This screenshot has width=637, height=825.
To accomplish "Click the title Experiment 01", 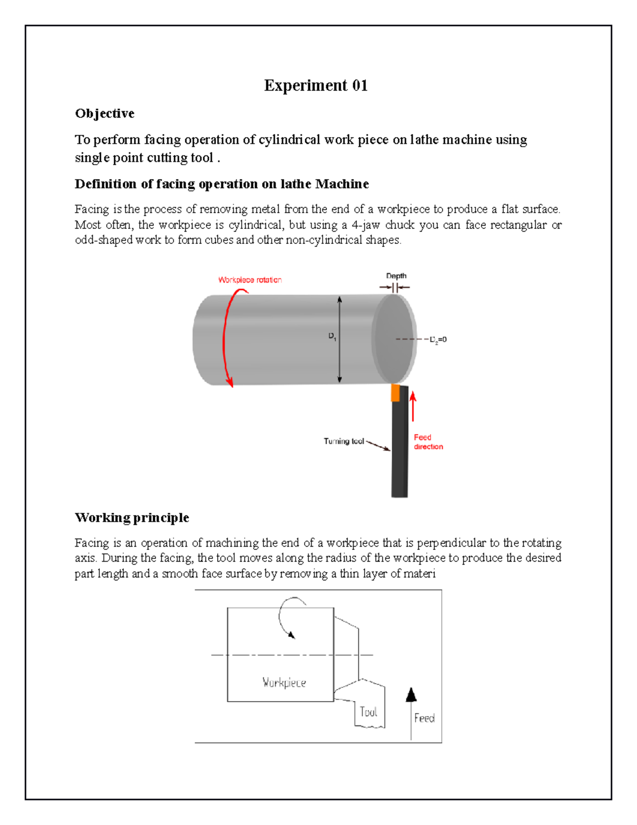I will (315, 86).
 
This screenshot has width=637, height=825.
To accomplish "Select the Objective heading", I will (105, 114).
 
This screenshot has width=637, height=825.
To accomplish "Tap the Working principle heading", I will (132, 517).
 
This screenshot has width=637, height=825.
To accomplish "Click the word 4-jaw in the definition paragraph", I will (366, 225).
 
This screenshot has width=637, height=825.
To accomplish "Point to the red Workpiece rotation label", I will (249, 280).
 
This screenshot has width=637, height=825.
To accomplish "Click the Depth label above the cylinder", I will (396, 276).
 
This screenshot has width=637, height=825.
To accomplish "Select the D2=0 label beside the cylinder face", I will (438, 339).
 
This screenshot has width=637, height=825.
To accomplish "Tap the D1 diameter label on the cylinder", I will (332, 336).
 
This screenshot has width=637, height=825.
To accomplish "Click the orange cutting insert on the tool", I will (395, 393).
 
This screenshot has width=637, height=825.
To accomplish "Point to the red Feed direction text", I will (428, 442).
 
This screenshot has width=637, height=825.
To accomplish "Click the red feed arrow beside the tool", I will (413, 406).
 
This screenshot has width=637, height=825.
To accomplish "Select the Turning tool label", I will (343, 441).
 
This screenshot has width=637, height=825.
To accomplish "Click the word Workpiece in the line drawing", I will (284, 683).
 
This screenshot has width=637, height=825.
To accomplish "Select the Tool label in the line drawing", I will (368, 712).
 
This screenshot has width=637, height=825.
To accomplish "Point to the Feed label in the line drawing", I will (424, 718).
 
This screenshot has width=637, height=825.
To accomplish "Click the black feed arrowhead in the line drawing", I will (411, 695).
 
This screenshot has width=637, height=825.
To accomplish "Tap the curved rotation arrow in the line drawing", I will (287, 616).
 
